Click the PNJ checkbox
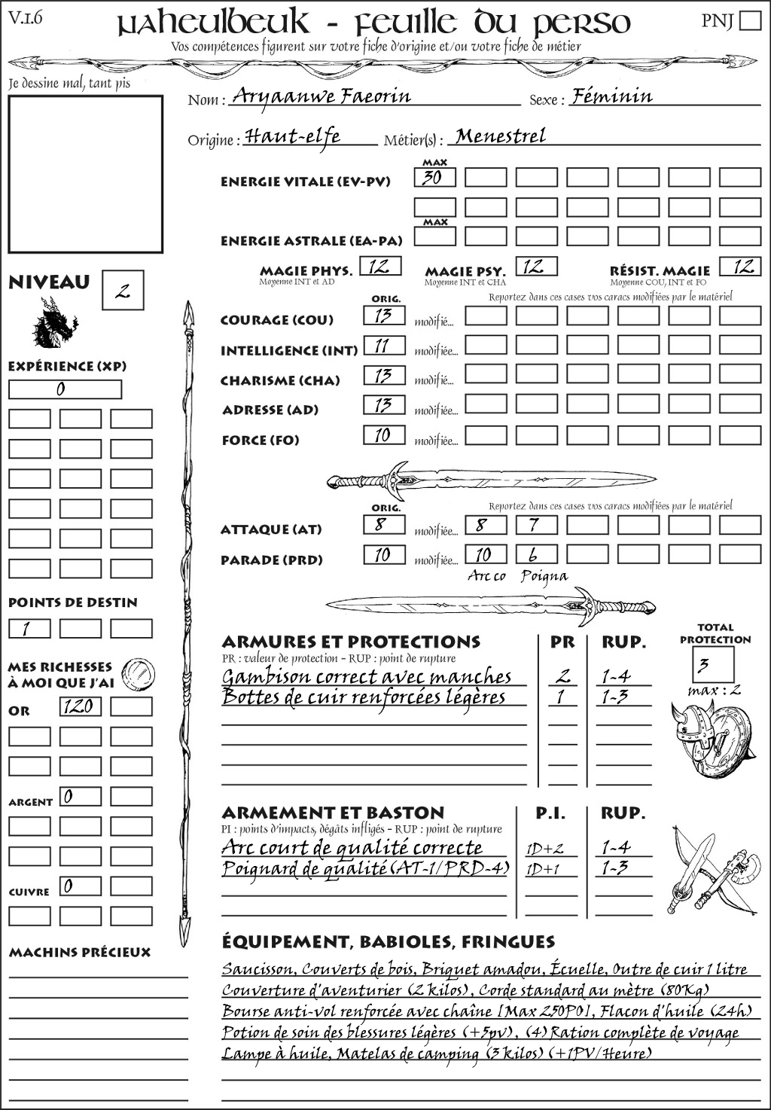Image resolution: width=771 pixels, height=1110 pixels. coord(750,20)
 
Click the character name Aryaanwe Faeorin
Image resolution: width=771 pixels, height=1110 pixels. coord(322,96)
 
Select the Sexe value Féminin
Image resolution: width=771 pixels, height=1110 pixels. coord(611,96)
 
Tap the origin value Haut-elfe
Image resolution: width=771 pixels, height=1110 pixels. coord(293,136)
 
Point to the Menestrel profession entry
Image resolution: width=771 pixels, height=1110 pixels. coord(501,136)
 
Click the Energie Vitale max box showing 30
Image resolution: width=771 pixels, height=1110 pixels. coord(434,178)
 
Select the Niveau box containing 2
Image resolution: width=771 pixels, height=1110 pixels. coord(123,291)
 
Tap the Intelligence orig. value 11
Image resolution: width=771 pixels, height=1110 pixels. coord(384,346)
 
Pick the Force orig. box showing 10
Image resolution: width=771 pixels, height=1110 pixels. coord(384,435)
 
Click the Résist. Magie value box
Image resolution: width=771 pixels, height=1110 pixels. coord(739,267)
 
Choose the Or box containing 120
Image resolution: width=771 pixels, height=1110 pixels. coord(80,706)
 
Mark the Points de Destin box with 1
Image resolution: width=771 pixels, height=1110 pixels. coord(29,629)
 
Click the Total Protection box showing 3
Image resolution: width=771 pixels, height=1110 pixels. coord(712,664)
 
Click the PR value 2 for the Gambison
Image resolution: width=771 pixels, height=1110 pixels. coord(562,676)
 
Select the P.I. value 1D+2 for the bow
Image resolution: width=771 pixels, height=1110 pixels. coord(545,849)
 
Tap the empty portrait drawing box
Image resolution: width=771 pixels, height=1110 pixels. coord(85,174)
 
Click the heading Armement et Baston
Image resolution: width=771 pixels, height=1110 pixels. coord(333,813)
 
